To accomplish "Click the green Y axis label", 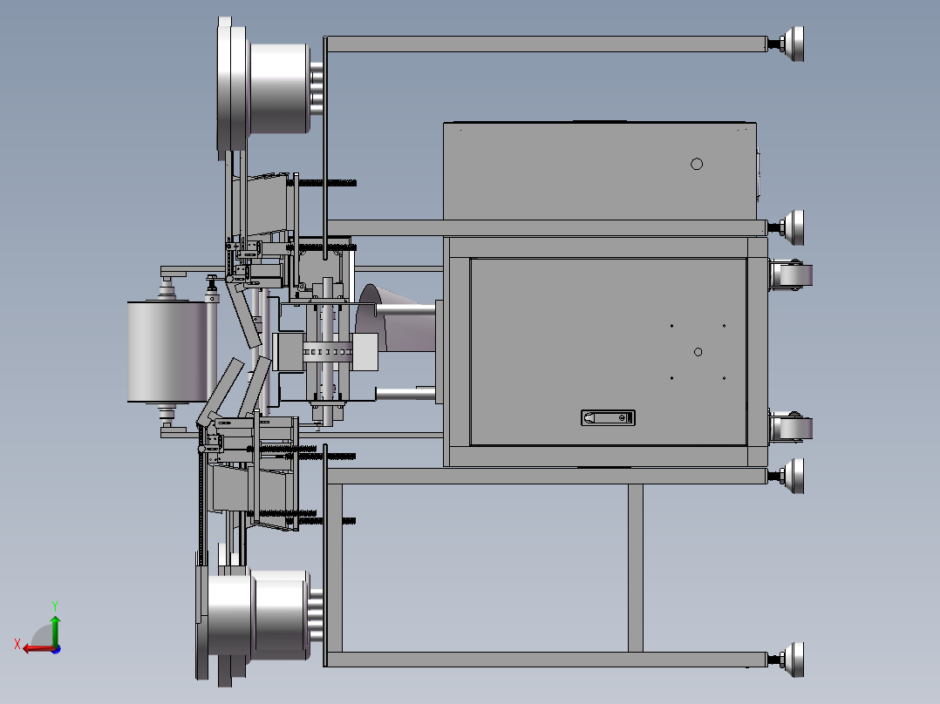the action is (55, 606).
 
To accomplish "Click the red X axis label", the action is (17, 644).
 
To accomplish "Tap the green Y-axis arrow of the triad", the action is (55, 630).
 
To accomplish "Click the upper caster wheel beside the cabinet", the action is (790, 275).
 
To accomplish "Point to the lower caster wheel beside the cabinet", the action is (790, 427).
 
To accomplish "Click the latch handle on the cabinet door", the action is (608, 417).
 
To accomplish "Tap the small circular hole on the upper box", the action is (697, 164).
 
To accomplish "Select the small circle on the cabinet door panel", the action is (698, 352).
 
